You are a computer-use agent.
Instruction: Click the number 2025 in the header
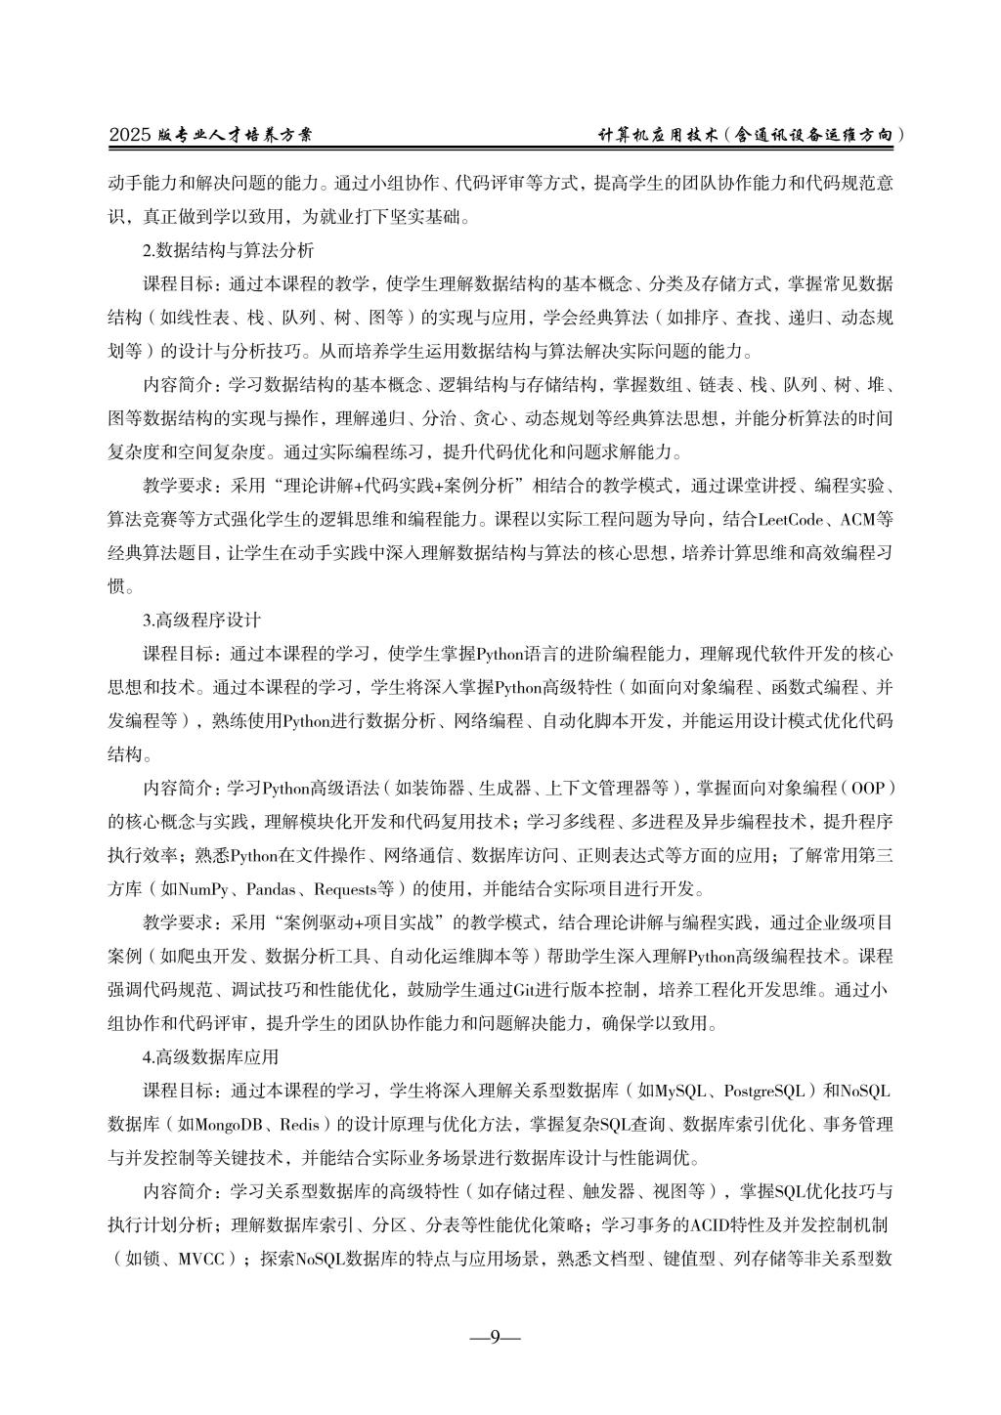click(129, 137)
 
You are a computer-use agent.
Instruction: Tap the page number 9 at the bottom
click(495, 1337)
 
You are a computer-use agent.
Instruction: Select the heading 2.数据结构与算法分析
click(228, 250)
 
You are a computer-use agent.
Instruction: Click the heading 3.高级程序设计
click(202, 620)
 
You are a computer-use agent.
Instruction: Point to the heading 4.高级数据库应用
click(210, 1056)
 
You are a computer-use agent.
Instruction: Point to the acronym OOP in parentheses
click(867, 788)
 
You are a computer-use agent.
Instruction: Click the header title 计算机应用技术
click(659, 137)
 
